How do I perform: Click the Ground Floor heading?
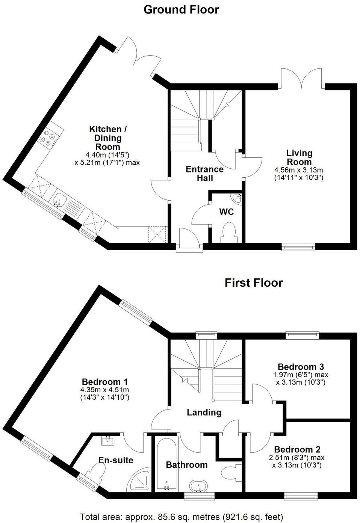[181, 9]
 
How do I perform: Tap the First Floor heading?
[253, 283]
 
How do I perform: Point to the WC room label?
[226, 212]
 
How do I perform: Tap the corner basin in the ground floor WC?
[237, 198]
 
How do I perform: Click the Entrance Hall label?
[204, 174]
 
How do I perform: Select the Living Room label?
[299, 157]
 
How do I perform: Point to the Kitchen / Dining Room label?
[107, 138]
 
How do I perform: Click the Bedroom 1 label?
[105, 381]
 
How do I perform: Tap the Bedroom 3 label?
[301, 367]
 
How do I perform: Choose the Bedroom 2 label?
[297, 449]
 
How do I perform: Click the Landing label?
[204, 413]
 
